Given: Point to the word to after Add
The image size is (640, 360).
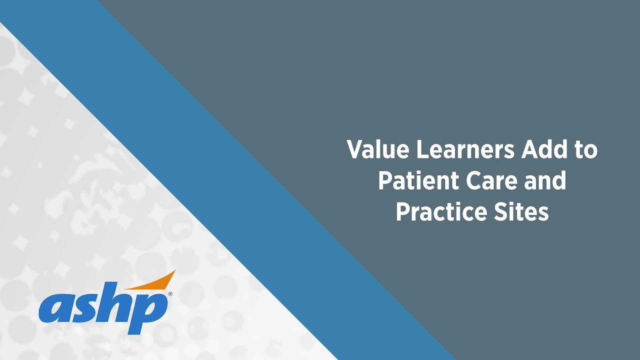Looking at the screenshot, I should [585, 150].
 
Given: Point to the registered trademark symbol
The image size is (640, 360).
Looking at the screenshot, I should [170, 294].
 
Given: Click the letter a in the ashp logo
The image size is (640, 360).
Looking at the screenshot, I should [55, 308].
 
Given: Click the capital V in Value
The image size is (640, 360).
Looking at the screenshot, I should [355, 149].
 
